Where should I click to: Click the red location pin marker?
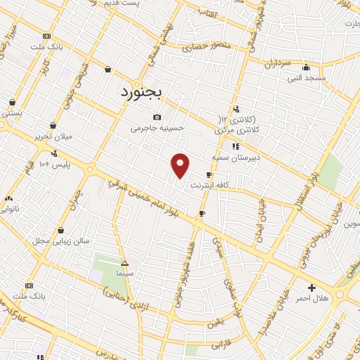click(181, 165)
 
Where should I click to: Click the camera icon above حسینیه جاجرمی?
click(157, 117)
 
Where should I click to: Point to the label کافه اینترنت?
click(207, 186)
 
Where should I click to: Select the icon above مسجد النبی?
click(305, 67)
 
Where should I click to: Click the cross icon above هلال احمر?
click(311, 288)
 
